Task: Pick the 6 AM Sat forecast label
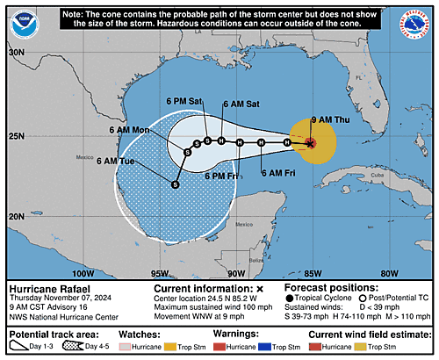click(x=241, y=104)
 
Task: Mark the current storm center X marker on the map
click(x=310, y=142)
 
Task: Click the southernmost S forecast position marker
click(x=175, y=184)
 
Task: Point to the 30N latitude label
click(x=16, y=53)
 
